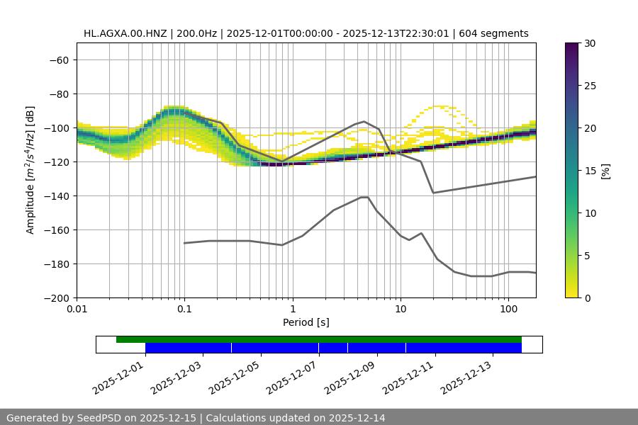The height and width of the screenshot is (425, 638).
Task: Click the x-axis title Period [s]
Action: click(x=306, y=323)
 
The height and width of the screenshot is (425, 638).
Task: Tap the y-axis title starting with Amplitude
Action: click(x=30, y=170)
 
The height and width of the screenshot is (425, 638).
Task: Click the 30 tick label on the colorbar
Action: click(x=589, y=44)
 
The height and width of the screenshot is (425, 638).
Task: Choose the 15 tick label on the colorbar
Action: click(x=589, y=171)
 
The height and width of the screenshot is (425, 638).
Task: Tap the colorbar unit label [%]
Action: click(x=605, y=171)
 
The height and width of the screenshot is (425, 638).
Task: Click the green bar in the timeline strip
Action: click(x=319, y=339)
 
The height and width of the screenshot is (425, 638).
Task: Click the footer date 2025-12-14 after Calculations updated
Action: click(x=358, y=418)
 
